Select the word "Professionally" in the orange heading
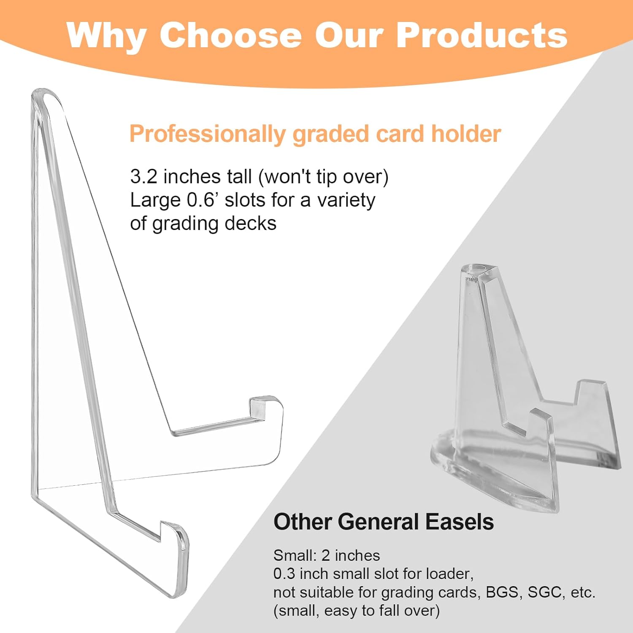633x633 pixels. pyautogui.click(x=207, y=135)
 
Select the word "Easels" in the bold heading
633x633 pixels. pyautogui.click(x=460, y=522)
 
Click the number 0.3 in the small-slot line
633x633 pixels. pyautogui.click(x=284, y=573)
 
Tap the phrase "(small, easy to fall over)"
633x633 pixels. pyautogui.click(x=357, y=611)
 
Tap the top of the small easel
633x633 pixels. pyautogui.click(x=479, y=270)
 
